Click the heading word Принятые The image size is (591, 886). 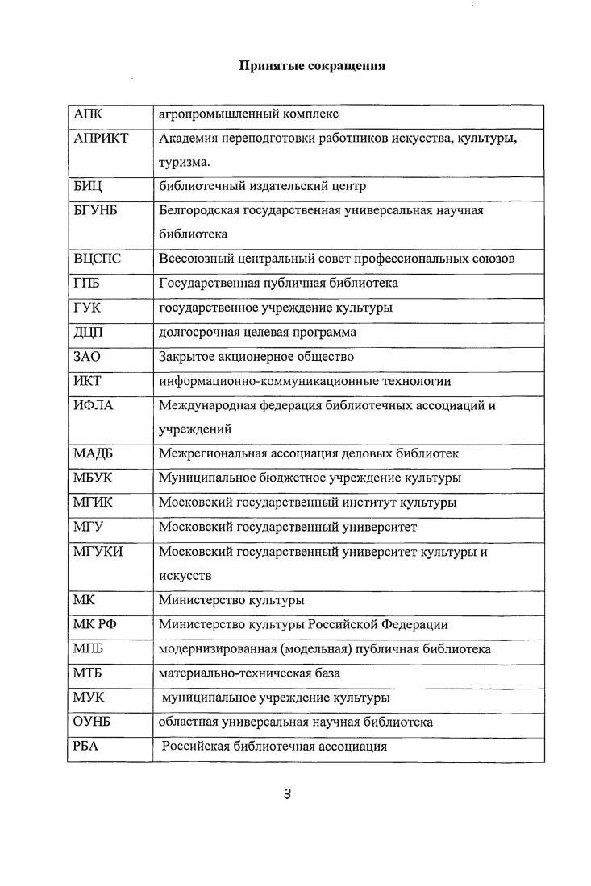point(267,66)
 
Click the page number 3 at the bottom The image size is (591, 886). point(287,794)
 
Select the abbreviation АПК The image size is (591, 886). point(88,114)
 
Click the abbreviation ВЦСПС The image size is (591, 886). point(98,259)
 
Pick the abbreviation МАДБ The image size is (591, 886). point(94,453)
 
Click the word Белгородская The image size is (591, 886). point(202,211)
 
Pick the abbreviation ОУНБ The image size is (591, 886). point(91,722)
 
